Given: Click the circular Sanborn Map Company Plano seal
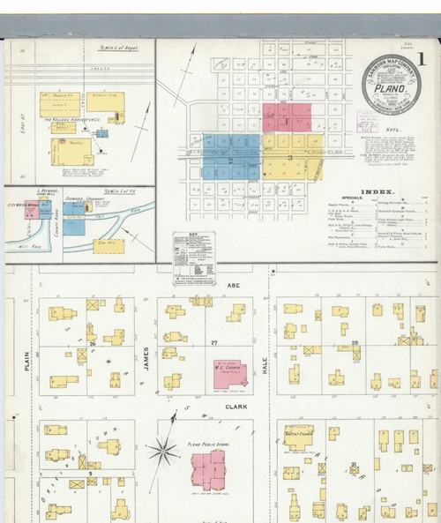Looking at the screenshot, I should coord(392,85).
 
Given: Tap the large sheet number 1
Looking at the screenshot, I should coord(422,60).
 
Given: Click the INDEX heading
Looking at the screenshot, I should coord(377,191).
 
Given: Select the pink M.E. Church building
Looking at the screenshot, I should coord(230,374).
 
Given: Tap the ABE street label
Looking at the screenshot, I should coord(234,286).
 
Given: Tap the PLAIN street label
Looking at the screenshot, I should coord(27,360).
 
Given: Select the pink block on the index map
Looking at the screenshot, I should coord(287,118).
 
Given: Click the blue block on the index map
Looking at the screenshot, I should coord(231,155).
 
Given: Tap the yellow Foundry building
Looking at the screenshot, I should coord(69,151).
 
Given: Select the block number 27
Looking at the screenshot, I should coord(213,341).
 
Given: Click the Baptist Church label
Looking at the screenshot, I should coord(300,433).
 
